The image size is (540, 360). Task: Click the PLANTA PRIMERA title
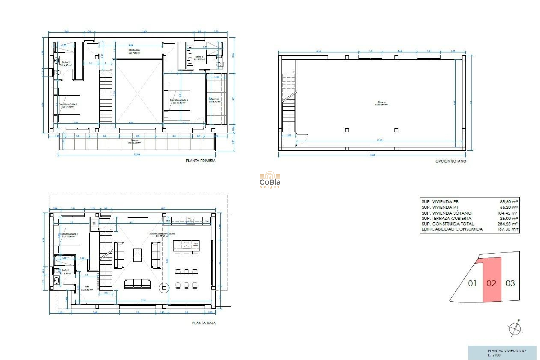[x=201, y=161]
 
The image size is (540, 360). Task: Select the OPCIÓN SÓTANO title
[x=451, y=161]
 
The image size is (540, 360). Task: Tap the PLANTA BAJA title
[x=204, y=323]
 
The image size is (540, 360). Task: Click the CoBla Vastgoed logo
[x=270, y=180]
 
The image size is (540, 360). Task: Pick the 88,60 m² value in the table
[x=509, y=202]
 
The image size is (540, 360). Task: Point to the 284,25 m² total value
[x=507, y=224]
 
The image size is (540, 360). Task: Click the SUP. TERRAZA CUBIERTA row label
[x=446, y=218]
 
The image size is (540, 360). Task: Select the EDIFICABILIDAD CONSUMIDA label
[x=452, y=229]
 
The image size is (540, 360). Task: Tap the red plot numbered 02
[x=492, y=283]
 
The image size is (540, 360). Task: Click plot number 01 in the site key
[x=472, y=283]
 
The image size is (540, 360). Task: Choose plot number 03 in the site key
[x=510, y=283]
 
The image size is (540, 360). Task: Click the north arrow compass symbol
[x=515, y=328]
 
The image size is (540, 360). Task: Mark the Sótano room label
[x=382, y=102]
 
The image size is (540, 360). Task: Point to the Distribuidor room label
[x=134, y=50]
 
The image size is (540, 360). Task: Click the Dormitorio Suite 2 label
[x=68, y=104]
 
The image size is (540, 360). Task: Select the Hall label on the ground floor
[x=87, y=287]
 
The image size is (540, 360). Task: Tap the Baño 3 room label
[x=199, y=57]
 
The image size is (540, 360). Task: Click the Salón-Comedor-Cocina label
[x=162, y=234]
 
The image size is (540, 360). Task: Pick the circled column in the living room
[x=164, y=288]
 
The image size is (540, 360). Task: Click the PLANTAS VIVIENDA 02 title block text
[x=507, y=351]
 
